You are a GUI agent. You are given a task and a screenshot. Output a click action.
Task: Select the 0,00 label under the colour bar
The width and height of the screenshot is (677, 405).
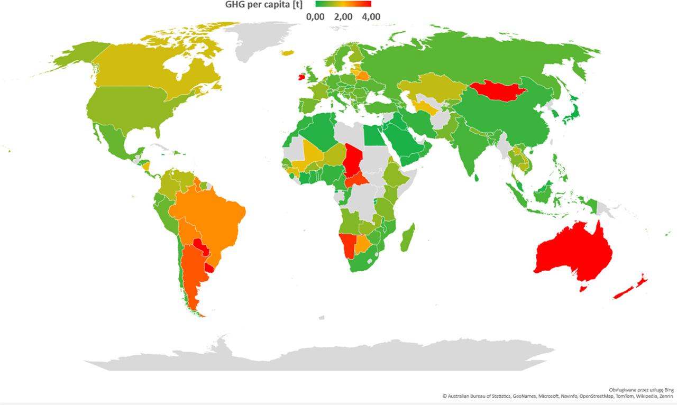tap(315, 16)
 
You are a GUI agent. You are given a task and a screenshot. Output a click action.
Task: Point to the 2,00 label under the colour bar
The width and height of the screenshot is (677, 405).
tap(343, 16)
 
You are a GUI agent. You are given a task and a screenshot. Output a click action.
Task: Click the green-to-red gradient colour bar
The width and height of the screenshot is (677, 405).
tap(343, 4)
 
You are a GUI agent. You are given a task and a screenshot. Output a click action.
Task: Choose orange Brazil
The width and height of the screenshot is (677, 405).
tap(212, 211)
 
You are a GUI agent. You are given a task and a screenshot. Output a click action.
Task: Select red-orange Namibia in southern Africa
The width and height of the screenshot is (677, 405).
tap(347, 246)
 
